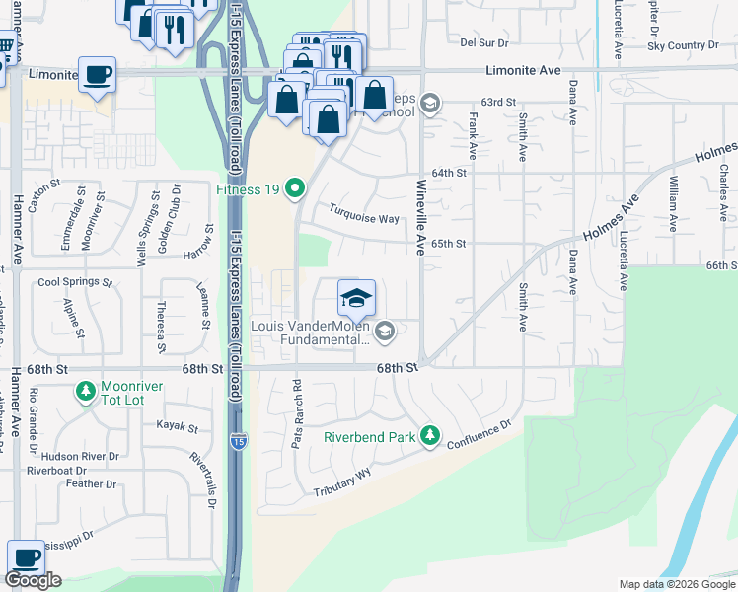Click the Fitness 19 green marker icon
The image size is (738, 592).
pos(294,187)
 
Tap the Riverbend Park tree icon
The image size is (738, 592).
pos(429,435)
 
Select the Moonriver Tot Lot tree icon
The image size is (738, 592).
pos(87,392)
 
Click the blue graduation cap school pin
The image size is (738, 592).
pos(356,296)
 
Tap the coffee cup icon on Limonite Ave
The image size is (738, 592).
pos(97,75)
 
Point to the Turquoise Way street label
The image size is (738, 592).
pos(364,218)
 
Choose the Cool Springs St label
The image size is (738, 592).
pos(75,282)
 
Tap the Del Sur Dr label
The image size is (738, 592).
pos(483,42)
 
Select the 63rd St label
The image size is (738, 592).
pos(499,102)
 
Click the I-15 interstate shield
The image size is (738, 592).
pos(238,443)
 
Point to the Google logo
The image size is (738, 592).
pos(33,580)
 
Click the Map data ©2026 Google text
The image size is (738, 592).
pos(676,584)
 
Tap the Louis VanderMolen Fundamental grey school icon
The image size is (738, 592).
pos(386,331)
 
